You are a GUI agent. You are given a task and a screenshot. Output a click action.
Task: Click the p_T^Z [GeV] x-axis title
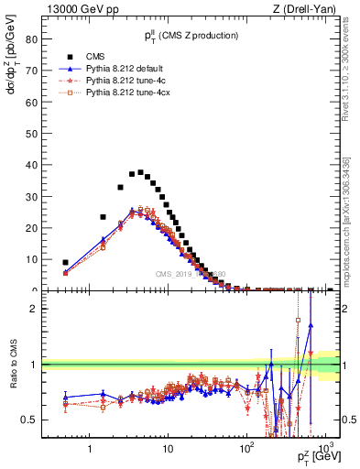point(317,455)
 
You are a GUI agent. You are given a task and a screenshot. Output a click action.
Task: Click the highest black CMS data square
point(141,171)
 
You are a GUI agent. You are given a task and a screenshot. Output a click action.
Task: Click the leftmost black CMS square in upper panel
point(65,262)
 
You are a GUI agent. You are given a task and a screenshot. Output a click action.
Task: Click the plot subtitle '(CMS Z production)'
point(200,36)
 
